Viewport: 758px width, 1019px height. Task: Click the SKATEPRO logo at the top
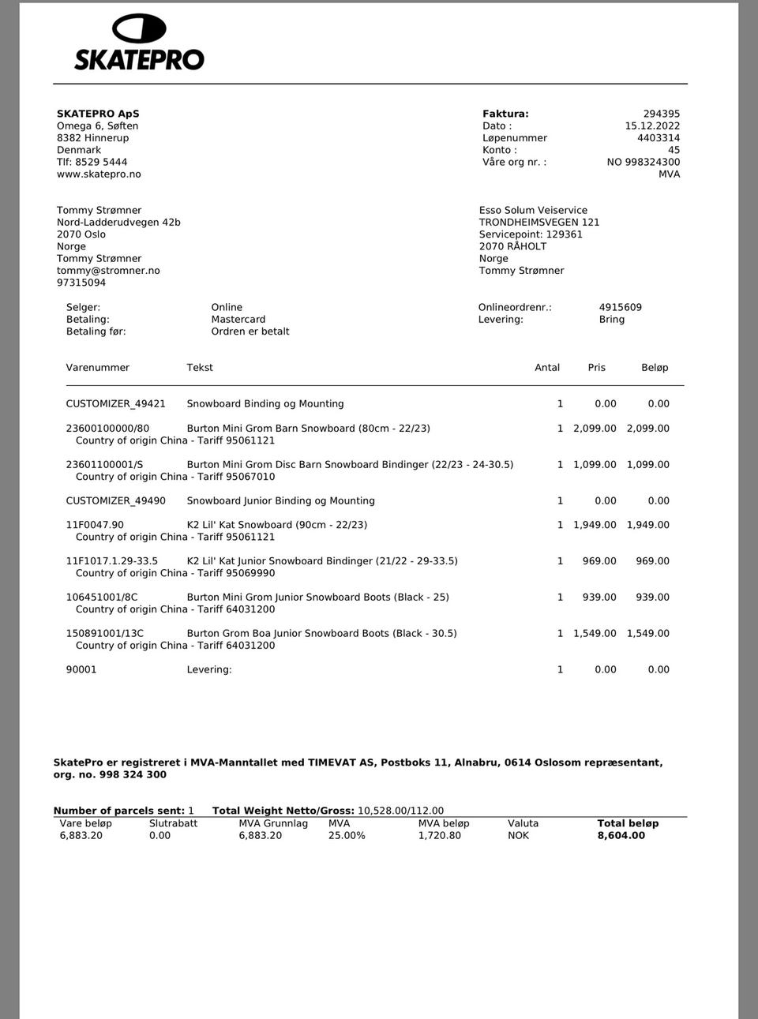139,43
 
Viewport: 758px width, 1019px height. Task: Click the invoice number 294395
661,114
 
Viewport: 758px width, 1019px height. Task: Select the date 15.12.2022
652,126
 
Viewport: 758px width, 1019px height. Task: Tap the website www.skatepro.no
99,174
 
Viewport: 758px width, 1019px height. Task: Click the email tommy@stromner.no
108,271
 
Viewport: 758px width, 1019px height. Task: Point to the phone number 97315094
81,283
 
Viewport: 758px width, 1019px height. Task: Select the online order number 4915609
620,307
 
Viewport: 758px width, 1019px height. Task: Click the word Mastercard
238,319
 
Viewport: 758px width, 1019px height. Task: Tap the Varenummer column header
97,367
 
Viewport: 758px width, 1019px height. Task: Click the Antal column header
547,367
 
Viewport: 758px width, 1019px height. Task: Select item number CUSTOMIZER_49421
116,403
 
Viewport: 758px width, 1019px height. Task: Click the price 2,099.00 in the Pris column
595,428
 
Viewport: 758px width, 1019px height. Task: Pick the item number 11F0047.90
95,524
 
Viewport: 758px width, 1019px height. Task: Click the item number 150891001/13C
105,633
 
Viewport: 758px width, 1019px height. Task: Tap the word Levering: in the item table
209,669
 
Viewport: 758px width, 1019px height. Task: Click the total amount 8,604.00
621,835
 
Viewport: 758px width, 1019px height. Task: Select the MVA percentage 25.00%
347,835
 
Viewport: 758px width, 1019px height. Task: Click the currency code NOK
519,835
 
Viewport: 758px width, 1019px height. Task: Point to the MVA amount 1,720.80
440,835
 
